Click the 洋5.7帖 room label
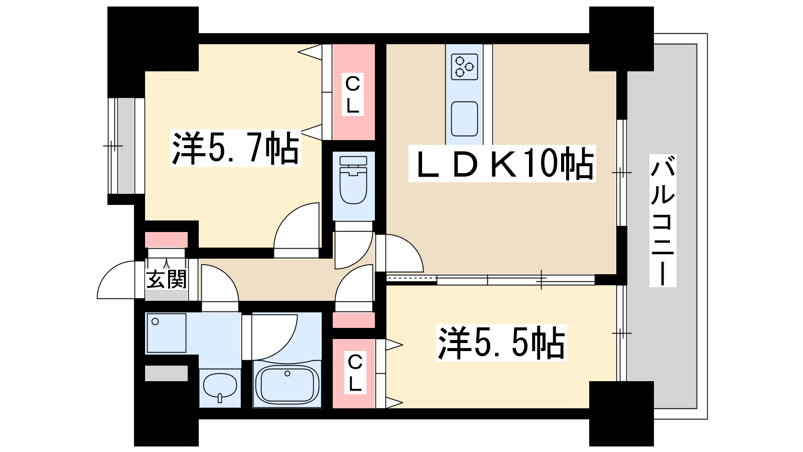[x=235, y=148]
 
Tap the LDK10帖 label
[x=502, y=164]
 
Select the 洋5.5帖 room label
[x=501, y=343]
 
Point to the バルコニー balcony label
[x=663, y=220]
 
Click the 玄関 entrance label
[x=166, y=279]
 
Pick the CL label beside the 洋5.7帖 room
[x=353, y=94]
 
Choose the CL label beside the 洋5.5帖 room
[x=355, y=372]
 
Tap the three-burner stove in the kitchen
[x=464, y=67]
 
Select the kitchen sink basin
[x=464, y=119]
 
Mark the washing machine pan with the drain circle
[x=166, y=333]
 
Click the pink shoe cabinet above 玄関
[x=166, y=240]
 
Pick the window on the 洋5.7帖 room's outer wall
[x=126, y=146]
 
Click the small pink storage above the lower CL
[x=354, y=320]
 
